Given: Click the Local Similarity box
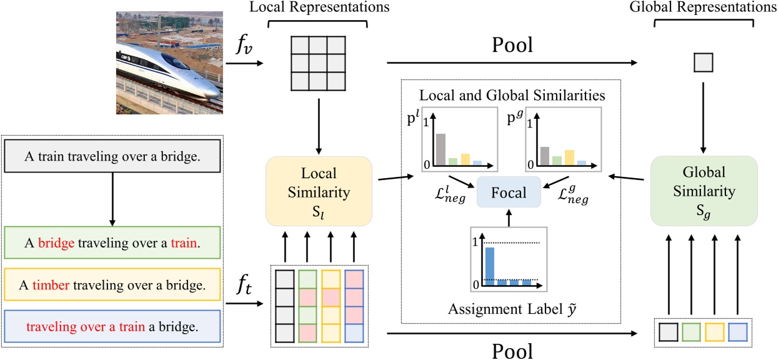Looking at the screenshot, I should [319, 191].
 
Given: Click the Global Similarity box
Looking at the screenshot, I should [704, 191].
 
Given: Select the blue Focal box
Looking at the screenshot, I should [509, 192].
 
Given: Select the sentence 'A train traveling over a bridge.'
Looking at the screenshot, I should [112, 156].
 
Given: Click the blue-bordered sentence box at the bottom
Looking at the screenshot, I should [112, 326].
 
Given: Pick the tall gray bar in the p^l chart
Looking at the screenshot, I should [441, 149].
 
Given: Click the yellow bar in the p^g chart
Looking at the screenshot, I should [569, 156].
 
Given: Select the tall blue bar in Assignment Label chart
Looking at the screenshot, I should [489, 266].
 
